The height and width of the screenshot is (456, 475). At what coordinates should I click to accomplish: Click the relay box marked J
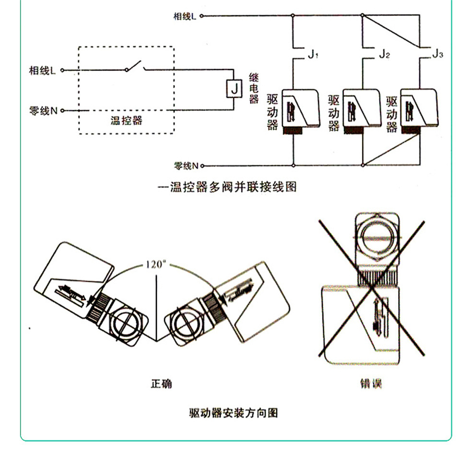tap(233, 89)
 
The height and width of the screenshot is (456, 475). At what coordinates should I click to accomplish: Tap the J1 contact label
tap(313, 54)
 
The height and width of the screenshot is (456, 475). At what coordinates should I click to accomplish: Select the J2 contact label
tap(384, 54)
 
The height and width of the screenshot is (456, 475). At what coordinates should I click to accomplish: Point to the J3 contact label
tap(437, 54)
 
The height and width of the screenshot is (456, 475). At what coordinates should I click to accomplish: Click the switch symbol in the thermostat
tap(135, 67)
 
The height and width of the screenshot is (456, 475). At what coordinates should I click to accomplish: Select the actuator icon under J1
tap(301, 110)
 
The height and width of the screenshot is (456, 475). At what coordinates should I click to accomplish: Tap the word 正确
tap(161, 384)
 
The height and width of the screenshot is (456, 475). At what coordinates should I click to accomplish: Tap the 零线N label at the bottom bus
tap(186, 166)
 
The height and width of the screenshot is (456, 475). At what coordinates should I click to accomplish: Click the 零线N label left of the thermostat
tap(44, 111)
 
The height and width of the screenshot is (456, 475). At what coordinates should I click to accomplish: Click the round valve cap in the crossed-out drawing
tap(377, 238)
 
